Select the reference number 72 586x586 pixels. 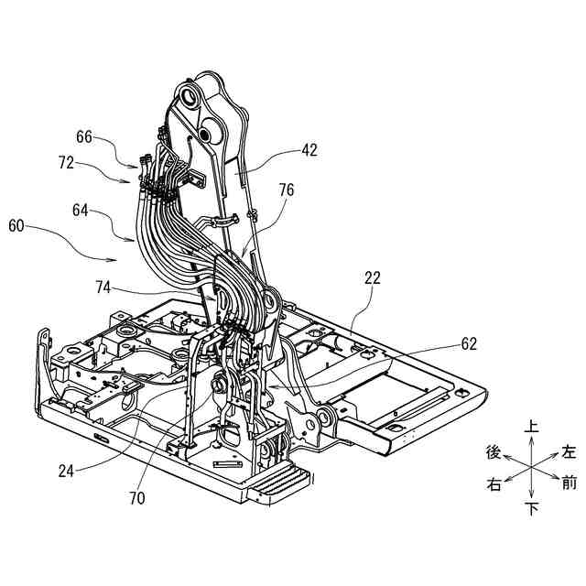pyautogui.click(x=67, y=163)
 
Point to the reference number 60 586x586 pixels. pyautogui.click(x=18, y=224)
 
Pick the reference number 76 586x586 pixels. pyautogui.click(x=287, y=190)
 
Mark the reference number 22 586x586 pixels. pyautogui.click(x=371, y=277)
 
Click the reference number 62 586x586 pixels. pyautogui.click(x=468, y=345)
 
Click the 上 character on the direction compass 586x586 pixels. pyautogui.click(x=531, y=427)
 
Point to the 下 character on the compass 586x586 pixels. pyautogui.click(x=531, y=508)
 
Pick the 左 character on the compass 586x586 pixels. pyautogui.click(x=569, y=451)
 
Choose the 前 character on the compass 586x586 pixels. pyautogui.click(x=570, y=483)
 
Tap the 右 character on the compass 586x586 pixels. pyautogui.click(x=494, y=485)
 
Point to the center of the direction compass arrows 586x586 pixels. pyautogui.click(x=531, y=468)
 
